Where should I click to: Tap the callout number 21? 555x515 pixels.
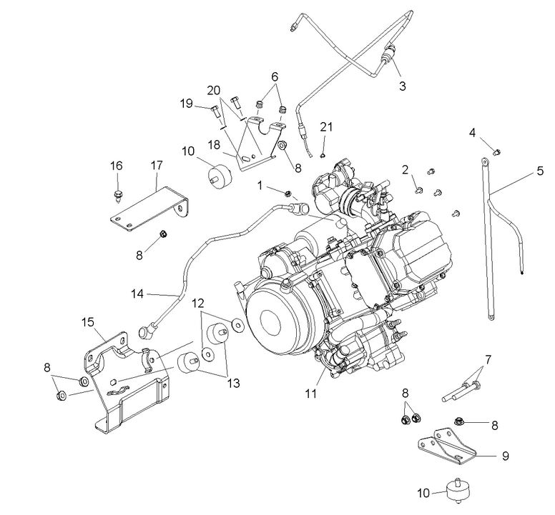326,126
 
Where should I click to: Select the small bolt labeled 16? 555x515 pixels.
117,193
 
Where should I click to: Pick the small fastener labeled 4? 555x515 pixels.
496,150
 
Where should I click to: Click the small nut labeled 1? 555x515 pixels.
286,194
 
